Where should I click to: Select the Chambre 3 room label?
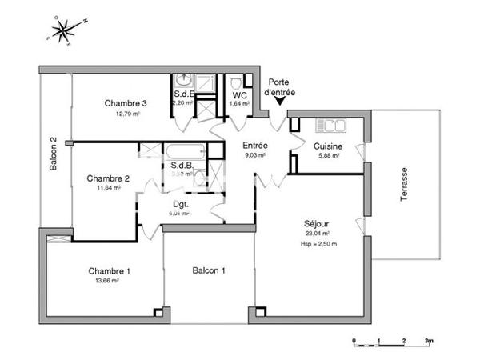126,103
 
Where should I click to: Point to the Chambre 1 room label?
109,271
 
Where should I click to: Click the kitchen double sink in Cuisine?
329,125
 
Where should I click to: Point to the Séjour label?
317,223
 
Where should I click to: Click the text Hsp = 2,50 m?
319,244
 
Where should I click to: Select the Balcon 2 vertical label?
53,154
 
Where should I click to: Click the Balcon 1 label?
209,271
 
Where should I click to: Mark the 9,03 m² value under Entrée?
254,157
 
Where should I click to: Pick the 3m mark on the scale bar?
428,341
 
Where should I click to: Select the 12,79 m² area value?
126,114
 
